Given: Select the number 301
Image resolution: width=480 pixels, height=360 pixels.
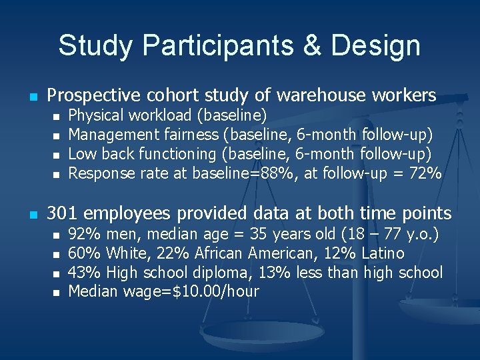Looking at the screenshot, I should coord(62,213).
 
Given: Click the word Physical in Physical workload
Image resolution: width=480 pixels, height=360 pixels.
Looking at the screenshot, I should coord(94,115).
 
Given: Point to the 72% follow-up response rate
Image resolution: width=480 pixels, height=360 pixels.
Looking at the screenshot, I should coord(427,173).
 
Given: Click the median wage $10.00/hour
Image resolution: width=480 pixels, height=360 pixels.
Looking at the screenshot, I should coord(209,291).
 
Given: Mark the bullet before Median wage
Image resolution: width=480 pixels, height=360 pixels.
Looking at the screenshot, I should coord(56,292).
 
